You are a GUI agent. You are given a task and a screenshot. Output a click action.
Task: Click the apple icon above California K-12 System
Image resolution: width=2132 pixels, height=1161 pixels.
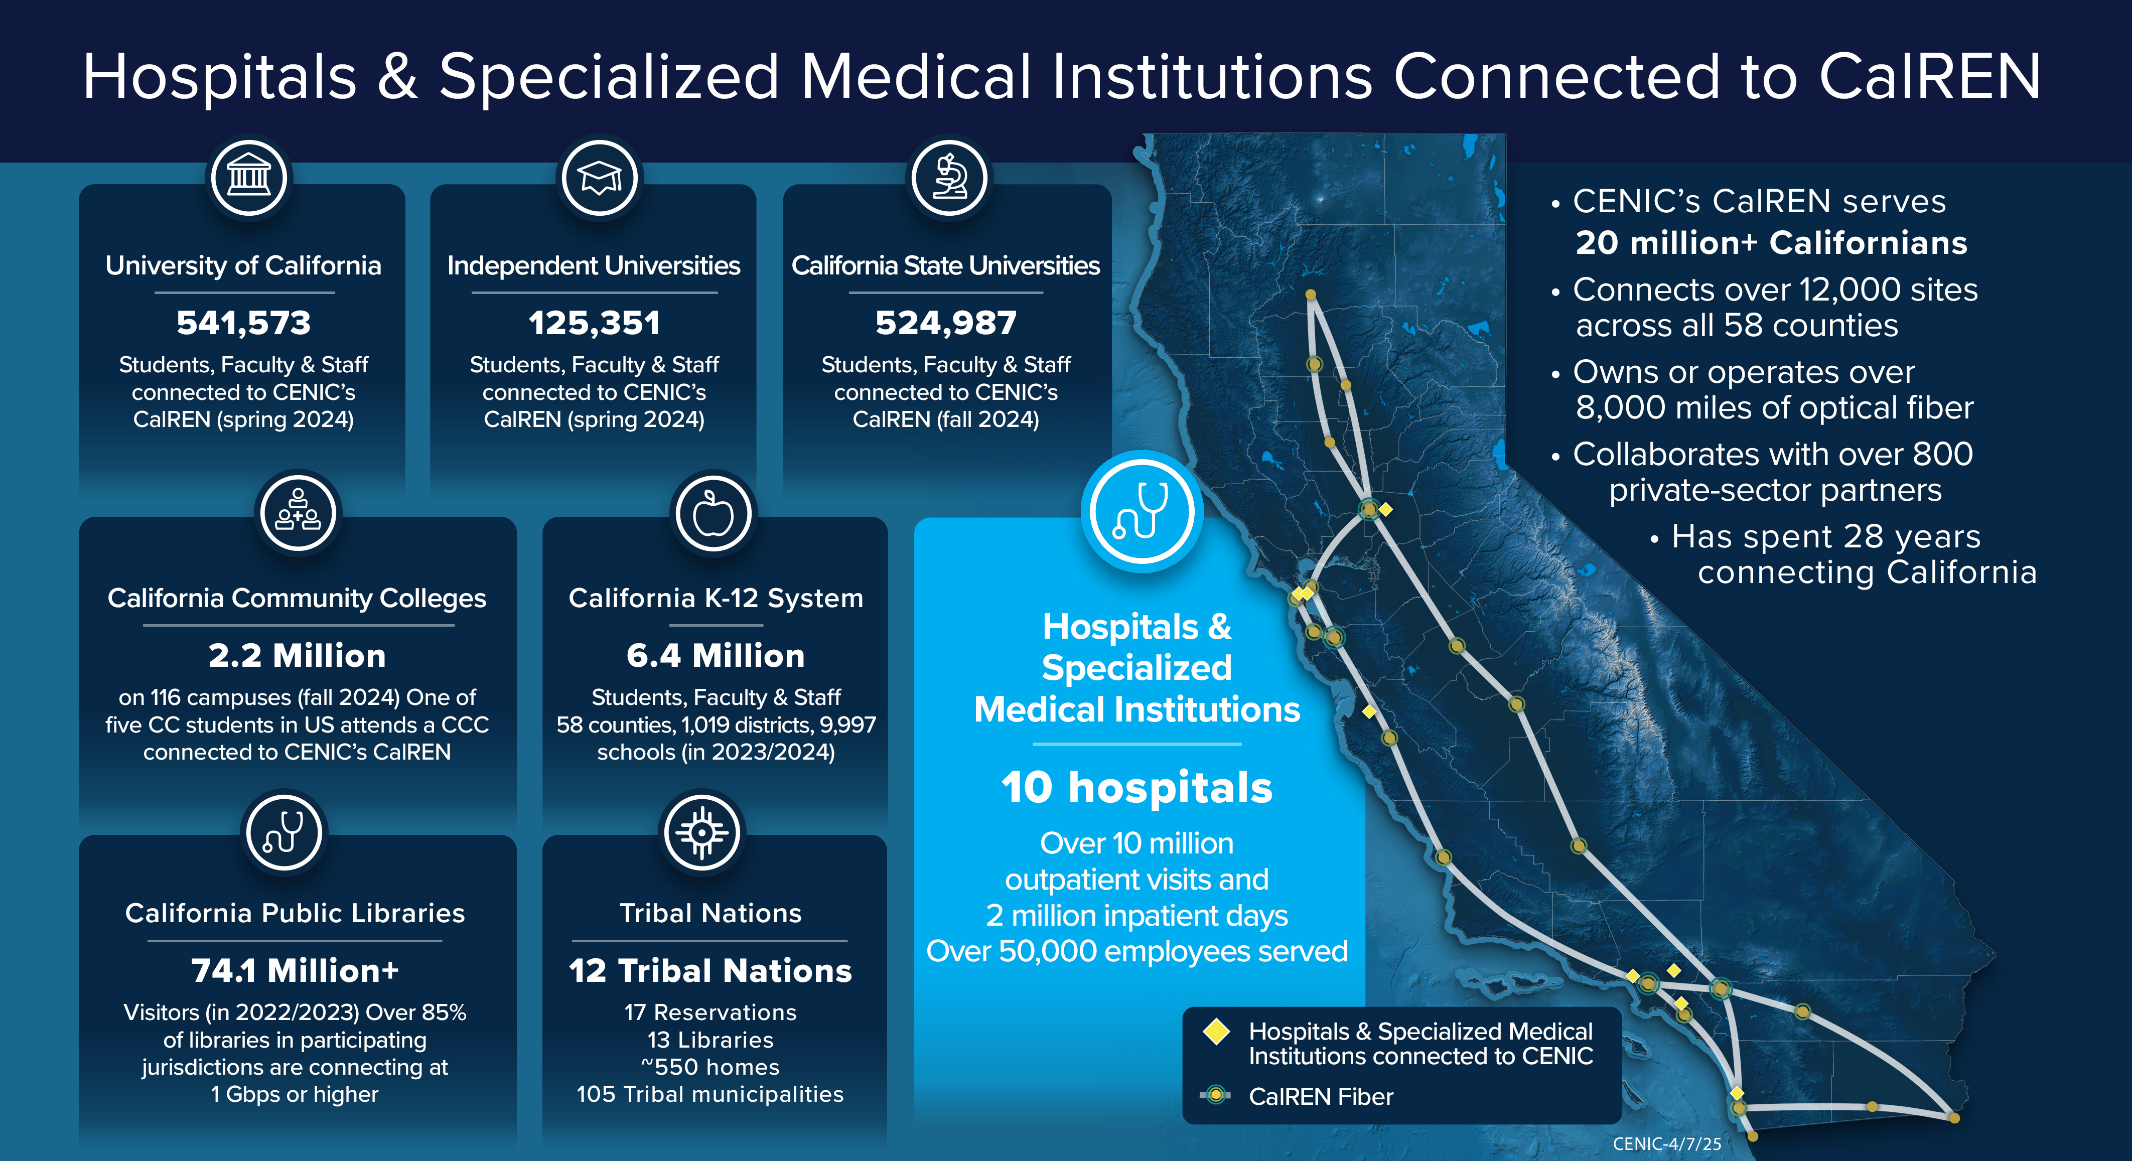(713, 514)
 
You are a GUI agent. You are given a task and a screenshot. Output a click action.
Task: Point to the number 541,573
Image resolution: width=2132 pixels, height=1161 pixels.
(243, 323)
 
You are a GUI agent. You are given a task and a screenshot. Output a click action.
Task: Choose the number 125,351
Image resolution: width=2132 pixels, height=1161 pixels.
(594, 323)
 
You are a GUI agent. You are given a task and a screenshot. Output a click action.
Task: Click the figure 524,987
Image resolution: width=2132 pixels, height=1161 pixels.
(946, 323)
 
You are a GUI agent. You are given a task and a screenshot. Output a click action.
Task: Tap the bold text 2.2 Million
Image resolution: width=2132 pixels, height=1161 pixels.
(297, 655)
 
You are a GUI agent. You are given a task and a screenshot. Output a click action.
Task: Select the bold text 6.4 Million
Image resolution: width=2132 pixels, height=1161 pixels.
(715, 655)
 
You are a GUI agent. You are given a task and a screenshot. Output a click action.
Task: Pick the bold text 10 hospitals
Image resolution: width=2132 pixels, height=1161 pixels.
(1136, 787)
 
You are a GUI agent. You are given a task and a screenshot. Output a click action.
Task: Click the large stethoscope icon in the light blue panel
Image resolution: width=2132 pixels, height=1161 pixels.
(1142, 511)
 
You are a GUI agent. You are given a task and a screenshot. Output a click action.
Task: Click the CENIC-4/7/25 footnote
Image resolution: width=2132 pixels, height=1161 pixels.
(1667, 1143)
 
